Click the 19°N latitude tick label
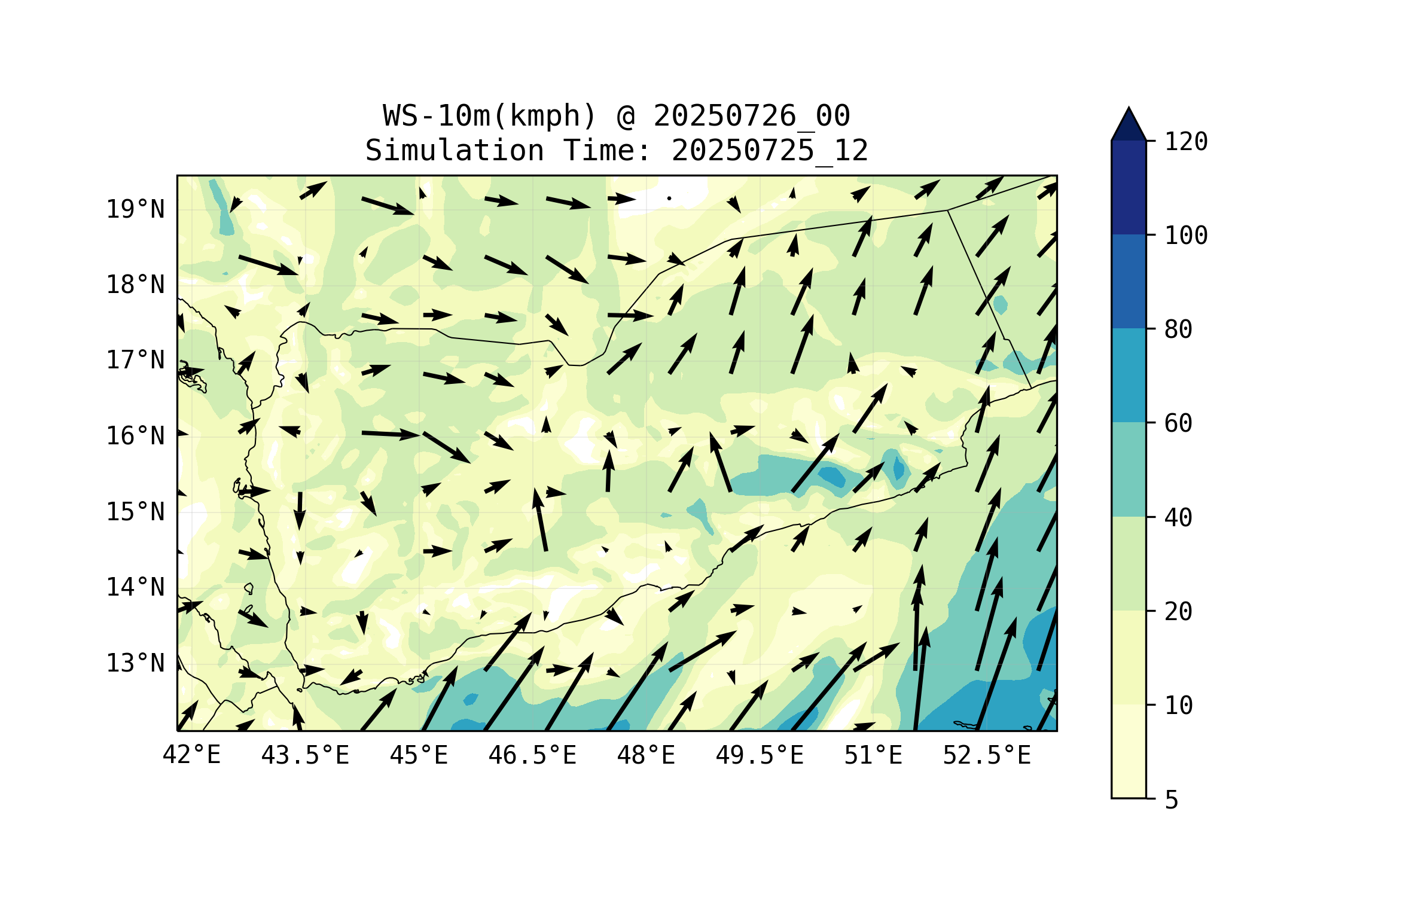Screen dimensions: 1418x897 coord(135,209)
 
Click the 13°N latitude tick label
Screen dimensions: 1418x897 coord(135,663)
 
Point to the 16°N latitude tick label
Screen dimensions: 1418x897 coord(135,436)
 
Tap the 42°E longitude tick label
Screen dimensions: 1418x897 coord(191,755)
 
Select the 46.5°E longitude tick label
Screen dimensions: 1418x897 coord(532,755)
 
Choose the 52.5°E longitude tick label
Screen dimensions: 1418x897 coord(987,755)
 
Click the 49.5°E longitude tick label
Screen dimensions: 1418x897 coord(760,755)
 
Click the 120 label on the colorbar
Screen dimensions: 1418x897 coord(1186,142)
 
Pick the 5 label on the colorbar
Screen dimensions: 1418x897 coord(1172,800)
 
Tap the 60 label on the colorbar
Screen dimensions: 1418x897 coord(1178,423)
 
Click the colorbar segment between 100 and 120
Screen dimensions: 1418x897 coord(1129,188)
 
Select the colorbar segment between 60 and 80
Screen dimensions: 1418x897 coord(1129,376)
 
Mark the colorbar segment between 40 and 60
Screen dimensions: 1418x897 coord(1129,469)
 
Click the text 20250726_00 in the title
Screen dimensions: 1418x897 coord(751,116)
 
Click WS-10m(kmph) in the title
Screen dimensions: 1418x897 coord(490,116)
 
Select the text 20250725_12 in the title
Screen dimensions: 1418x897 coord(769,151)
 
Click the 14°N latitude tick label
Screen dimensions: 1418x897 coord(135,587)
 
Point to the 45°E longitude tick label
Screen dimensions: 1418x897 coord(419,755)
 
